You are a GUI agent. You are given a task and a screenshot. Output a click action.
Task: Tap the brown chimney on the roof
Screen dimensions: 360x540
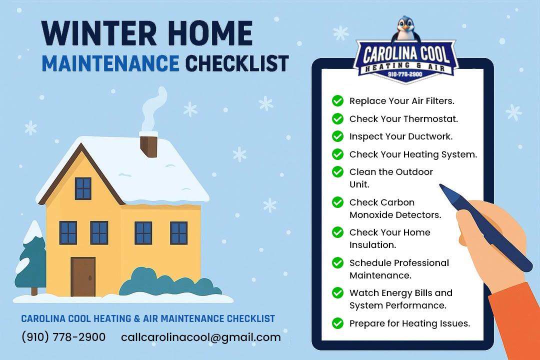[148, 146]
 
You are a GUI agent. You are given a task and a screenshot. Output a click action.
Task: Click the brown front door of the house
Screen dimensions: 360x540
[82, 276]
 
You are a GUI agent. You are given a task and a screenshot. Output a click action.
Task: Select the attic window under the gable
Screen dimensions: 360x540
[83, 188]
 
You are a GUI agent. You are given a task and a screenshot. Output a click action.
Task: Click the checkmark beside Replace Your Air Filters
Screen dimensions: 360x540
[337, 101]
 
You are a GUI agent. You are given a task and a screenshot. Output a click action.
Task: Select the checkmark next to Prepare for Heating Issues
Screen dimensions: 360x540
[337, 323]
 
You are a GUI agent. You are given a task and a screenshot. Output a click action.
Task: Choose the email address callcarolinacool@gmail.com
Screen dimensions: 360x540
[200, 337]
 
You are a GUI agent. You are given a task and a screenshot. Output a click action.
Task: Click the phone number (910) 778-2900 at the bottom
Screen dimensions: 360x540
[63, 337]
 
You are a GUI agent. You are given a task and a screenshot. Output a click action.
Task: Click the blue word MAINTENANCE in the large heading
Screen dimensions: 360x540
[110, 64]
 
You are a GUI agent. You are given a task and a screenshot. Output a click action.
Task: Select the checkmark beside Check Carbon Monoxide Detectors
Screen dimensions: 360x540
[337, 202]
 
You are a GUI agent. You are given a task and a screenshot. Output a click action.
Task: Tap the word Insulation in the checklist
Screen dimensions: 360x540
[372, 245]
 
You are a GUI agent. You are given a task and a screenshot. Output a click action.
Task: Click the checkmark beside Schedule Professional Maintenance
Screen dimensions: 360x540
[337, 262]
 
